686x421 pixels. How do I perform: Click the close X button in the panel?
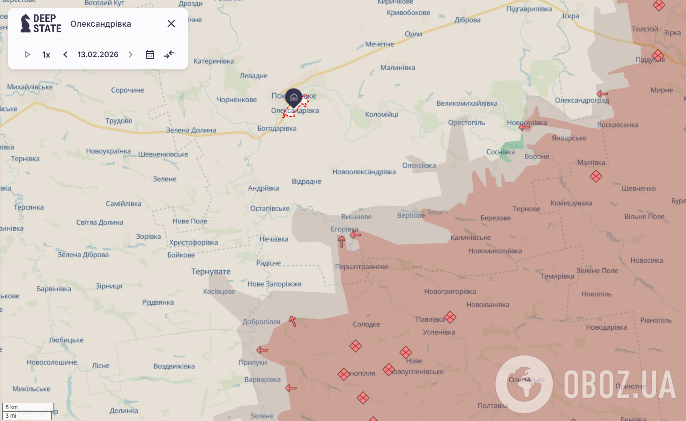tap(171, 23)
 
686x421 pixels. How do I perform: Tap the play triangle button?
tap(27, 54)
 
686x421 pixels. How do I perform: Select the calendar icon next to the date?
tap(150, 54)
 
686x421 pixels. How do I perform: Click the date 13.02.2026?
tap(98, 54)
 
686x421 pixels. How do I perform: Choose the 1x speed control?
tap(46, 54)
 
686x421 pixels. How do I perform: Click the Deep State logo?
tap(41, 23)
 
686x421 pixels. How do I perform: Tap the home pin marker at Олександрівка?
tap(294, 97)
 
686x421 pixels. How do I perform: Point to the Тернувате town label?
tap(211, 272)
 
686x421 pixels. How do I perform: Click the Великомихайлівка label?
tap(467, 103)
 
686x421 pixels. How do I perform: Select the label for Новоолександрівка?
tap(364, 172)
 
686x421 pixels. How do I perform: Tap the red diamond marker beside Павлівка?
tap(450, 318)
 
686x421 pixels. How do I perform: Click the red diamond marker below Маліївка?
tap(596, 177)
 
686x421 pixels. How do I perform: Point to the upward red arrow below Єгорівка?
tap(342, 242)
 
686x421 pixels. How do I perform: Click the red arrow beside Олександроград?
tap(602, 94)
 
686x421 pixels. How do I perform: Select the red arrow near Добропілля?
tap(293, 321)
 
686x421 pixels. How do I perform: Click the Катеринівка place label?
tap(214, 61)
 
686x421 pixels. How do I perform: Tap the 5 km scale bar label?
tap(12, 407)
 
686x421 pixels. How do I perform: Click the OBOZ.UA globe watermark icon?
tap(524, 384)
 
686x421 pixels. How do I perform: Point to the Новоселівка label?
tap(527, 123)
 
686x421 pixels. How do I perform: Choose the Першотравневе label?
tap(362, 267)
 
